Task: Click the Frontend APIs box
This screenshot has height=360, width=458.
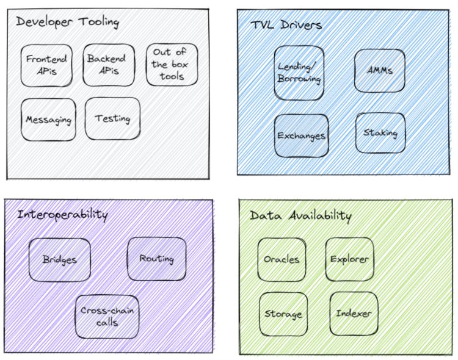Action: tap(46, 65)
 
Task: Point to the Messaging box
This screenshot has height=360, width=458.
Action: tap(48, 119)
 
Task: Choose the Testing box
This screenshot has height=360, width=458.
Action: tap(112, 118)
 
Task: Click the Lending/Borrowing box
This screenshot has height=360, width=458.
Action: tap(299, 73)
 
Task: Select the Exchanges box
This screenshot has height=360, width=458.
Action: tap(301, 135)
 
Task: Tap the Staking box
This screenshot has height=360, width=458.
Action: tap(380, 132)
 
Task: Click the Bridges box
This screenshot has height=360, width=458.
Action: tap(59, 259)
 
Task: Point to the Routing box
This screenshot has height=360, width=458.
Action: tap(156, 259)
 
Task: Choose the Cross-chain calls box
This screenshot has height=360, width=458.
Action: tap(107, 316)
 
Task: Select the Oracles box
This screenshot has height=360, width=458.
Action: tap(282, 259)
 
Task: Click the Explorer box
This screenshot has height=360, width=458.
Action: tap(349, 259)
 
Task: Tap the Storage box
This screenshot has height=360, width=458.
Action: tap(283, 314)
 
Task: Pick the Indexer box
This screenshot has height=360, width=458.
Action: tap(354, 314)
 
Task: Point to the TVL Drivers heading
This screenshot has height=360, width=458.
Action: tap(286, 25)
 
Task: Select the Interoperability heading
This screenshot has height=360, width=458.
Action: tap(62, 214)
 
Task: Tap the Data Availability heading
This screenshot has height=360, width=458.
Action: tap(300, 216)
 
